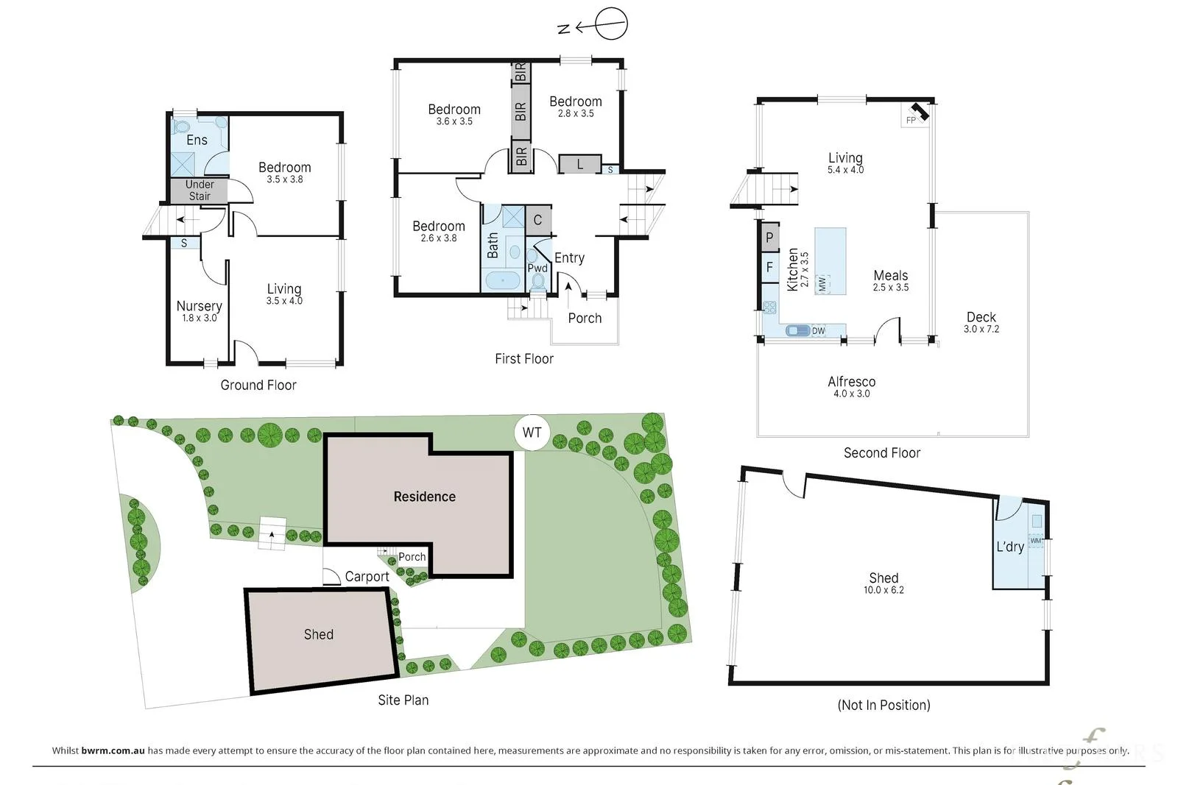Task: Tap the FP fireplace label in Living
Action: coord(911,121)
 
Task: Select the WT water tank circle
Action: coord(532,433)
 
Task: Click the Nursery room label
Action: coord(200,306)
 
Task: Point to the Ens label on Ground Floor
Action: coord(197,140)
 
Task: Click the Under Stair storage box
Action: coord(200,191)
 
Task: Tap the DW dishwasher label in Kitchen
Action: coord(818,330)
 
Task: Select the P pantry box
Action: coord(770,238)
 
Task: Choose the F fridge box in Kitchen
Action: coord(770,268)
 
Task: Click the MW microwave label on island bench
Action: coord(822,284)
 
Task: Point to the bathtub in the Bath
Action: coord(503,280)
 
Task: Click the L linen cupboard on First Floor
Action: coord(579,164)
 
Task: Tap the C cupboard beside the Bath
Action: coord(538,220)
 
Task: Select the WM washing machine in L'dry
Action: coord(1035,541)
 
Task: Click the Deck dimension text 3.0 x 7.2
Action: coord(981,329)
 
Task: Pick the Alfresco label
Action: coord(851,382)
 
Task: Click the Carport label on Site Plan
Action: coord(367,576)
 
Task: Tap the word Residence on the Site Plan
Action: coord(424,497)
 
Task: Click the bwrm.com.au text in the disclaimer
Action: coord(113,750)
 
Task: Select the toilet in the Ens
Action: coord(181,127)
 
